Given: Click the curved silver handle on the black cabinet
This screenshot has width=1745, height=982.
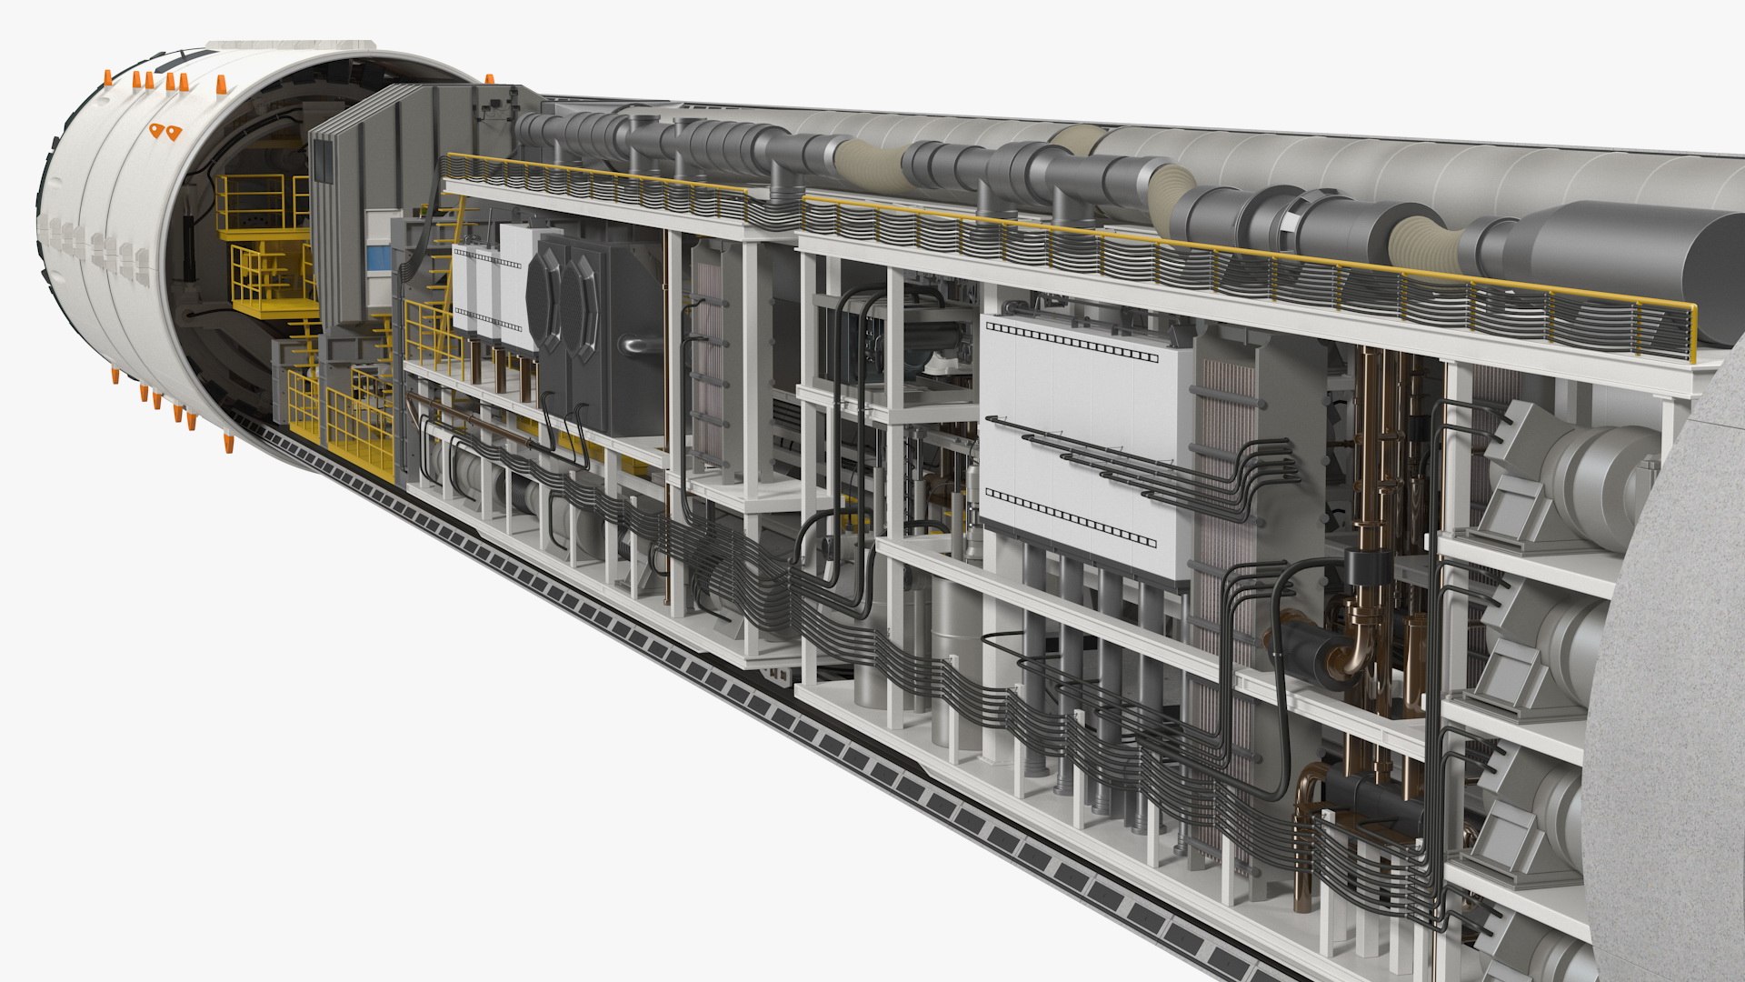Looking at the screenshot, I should (636, 344).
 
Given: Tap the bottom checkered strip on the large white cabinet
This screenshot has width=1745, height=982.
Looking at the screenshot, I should (1072, 518).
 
